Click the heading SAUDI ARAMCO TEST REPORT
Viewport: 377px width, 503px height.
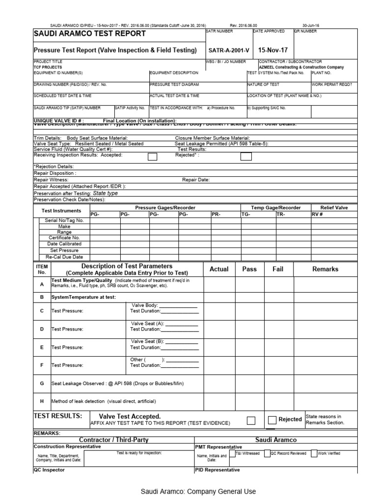click(x=89, y=34)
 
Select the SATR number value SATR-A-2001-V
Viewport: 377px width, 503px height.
click(x=229, y=51)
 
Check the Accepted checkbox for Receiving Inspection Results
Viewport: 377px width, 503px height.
click(x=153, y=157)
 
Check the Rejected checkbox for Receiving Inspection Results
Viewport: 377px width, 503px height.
click(x=246, y=157)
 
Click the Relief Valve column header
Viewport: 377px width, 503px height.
click(x=334, y=208)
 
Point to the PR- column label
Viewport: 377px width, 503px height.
click(x=216, y=214)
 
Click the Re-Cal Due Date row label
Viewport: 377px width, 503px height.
click(x=64, y=256)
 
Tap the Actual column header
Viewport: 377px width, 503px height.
click(x=219, y=269)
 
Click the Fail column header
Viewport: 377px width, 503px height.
click(x=278, y=269)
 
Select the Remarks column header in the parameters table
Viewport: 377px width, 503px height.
click(x=325, y=269)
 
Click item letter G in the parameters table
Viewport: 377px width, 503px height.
click(x=42, y=383)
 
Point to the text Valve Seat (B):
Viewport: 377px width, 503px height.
click(x=148, y=341)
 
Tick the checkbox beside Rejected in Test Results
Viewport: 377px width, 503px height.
click(x=272, y=419)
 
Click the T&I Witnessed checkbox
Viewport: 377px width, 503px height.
click(x=232, y=453)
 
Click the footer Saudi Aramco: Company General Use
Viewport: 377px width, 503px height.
click(x=198, y=491)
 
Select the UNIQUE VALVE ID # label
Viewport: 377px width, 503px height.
click(x=58, y=120)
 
